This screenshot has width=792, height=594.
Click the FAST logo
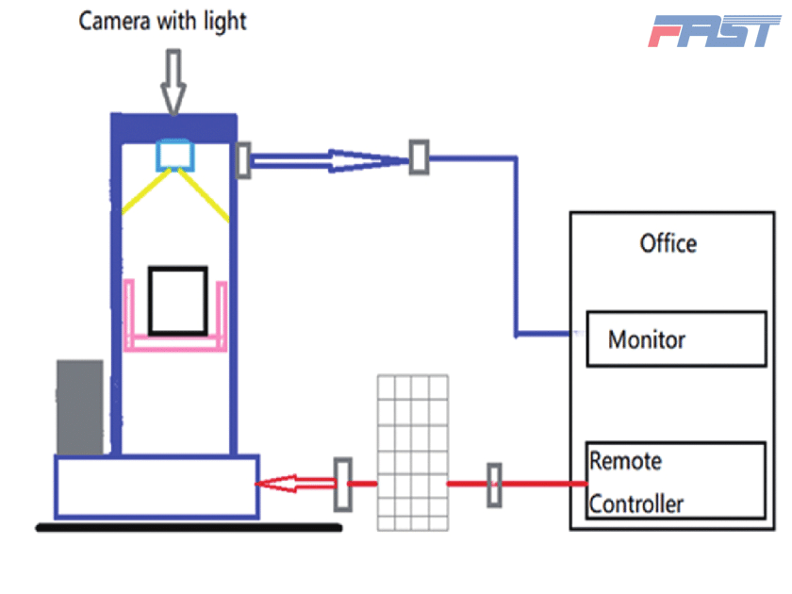[x=714, y=30]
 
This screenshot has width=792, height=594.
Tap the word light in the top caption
[x=224, y=21]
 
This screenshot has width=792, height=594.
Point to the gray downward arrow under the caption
[x=173, y=81]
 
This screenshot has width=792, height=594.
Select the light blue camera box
[x=174, y=153]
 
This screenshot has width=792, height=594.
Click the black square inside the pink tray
[x=177, y=300]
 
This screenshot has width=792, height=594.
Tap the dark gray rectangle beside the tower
[x=79, y=406]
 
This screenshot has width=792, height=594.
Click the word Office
[x=668, y=243]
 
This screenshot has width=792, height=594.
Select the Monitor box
[x=675, y=338]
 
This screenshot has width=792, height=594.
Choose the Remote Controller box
[x=675, y=481]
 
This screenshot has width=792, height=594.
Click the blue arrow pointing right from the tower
[x=330, y=160]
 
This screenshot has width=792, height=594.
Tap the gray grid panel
[x=412, y=453]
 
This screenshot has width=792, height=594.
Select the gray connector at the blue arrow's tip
[x=419, y=157]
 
